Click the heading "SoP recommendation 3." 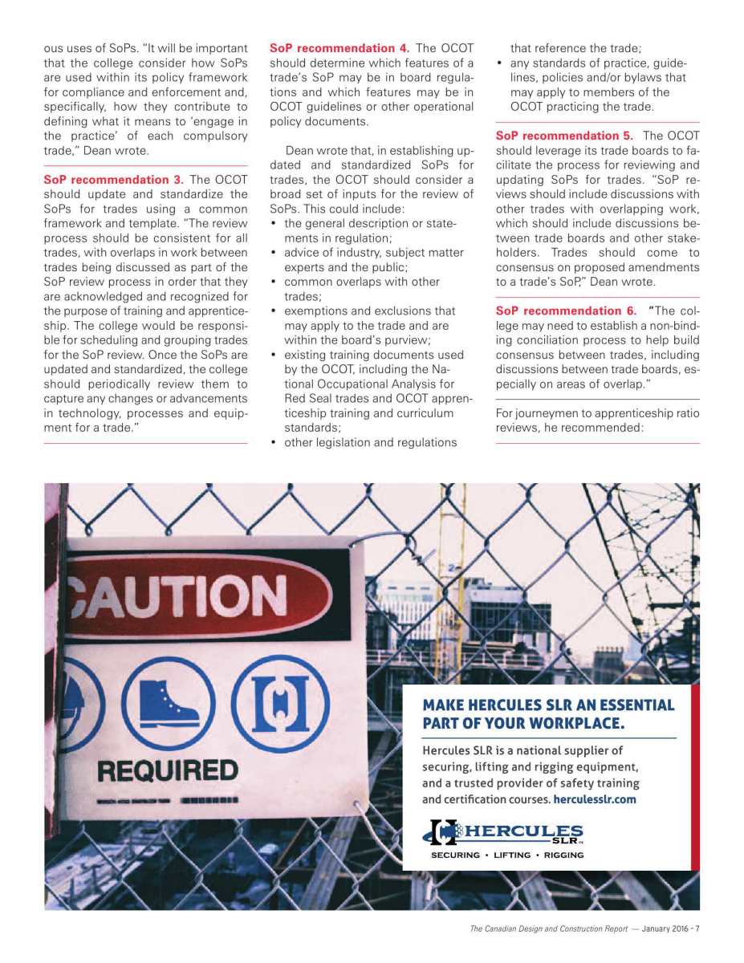113,180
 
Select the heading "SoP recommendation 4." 339,49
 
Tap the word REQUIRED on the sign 168,770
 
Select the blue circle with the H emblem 280,703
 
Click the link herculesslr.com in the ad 595,799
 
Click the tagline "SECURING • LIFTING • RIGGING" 507,855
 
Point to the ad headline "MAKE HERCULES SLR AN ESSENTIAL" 548,705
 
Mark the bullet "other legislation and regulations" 370,442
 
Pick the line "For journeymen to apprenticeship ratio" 597,413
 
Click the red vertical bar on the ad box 695,777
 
